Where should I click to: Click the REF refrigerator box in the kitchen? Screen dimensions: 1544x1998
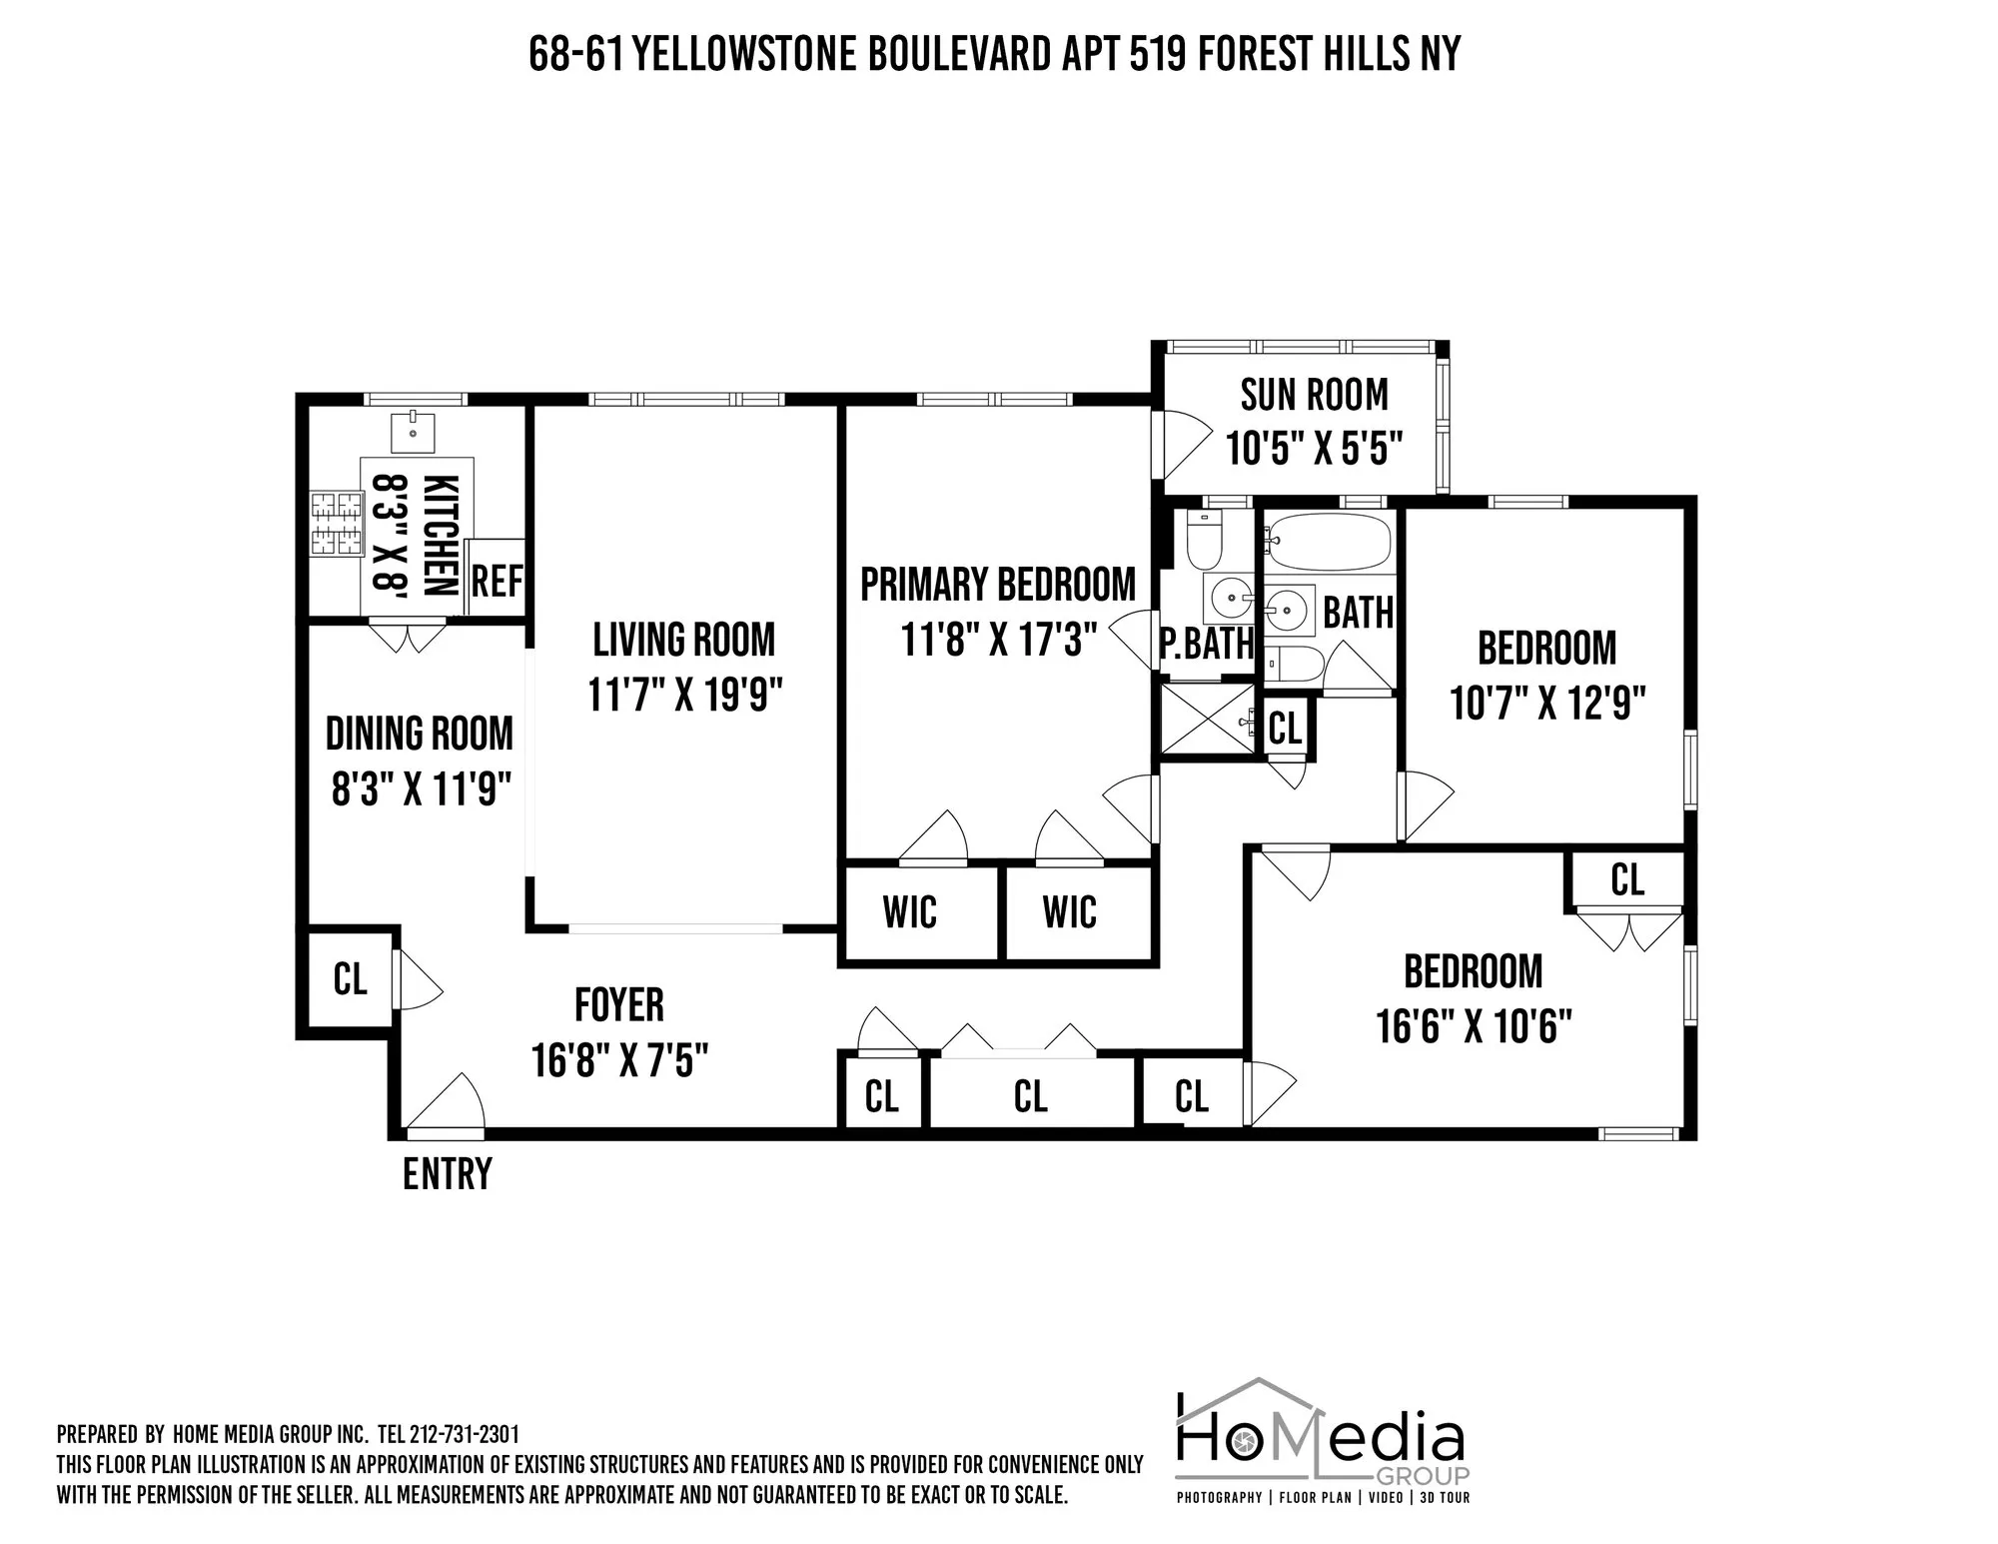(x=496, y=580)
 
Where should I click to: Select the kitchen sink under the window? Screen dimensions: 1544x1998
(x=413, y=433)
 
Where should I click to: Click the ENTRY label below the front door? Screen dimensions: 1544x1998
(x=447, y=1174)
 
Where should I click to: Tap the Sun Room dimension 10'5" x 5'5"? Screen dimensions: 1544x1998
(x=1315, y=449)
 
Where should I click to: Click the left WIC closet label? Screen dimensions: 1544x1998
(x=909, y=912)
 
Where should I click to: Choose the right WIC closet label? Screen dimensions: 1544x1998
(x=1069, y=912)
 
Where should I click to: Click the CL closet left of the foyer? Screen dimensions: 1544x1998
(x=350, y=979)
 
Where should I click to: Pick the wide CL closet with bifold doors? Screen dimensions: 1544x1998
(x=1030, y=1096)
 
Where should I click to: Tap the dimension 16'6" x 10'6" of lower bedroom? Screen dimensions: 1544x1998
(x=1474, y=1026)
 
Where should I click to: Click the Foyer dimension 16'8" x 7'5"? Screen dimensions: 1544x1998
(x=619, y=1060)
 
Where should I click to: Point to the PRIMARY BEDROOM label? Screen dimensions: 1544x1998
(x=998, y=585)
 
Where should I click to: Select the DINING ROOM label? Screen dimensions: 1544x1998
(x=419, y=735)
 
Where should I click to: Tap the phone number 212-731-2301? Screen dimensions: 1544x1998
(x=466, y=1434)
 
